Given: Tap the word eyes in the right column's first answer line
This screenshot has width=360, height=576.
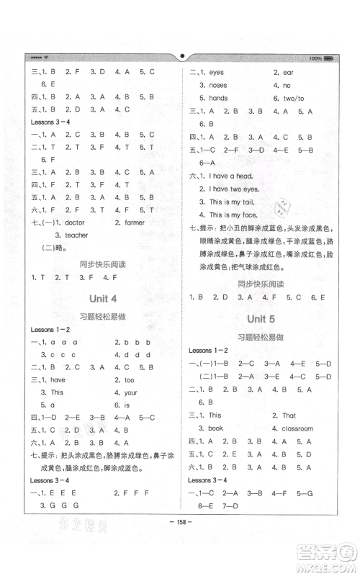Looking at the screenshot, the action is tap(217, 72).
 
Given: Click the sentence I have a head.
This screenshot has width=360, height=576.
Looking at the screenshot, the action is tap(232, 176).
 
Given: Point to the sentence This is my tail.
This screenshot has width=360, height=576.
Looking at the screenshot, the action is tap(232, 202).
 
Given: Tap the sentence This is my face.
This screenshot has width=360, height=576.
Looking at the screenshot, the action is tap(233, 215).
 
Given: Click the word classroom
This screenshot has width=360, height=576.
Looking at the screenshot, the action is tap(297, 428).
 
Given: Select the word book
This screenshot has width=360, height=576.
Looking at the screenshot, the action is tap(216, 428).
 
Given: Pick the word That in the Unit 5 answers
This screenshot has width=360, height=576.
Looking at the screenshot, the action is tap(289, 415).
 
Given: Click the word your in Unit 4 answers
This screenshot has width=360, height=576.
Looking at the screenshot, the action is tap(130, 392).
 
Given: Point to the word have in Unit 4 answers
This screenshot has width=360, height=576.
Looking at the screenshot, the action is tap(58, 379).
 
